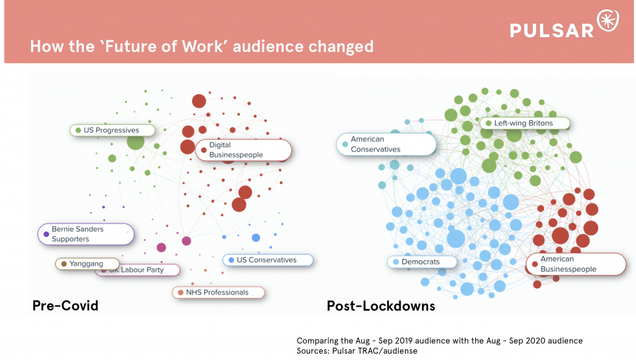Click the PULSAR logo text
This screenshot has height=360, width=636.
(552, 30)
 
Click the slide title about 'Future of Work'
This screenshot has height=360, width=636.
(202, 47)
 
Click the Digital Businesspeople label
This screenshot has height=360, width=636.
(243, 150)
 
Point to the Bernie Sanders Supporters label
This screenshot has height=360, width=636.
(85, 234)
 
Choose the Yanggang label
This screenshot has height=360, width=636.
(88, 264)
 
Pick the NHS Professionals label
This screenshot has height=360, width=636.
(217, 292)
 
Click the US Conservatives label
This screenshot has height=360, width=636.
(267, 259)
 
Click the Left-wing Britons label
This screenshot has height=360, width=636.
(524, 123)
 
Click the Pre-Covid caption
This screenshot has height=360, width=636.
(65, 305)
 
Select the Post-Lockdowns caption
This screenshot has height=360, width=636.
(381, 305)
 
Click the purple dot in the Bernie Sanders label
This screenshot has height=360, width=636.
(46, 234)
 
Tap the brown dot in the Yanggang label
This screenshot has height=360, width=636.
(63, 264)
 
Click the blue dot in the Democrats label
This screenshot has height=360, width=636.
(396, 262)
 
